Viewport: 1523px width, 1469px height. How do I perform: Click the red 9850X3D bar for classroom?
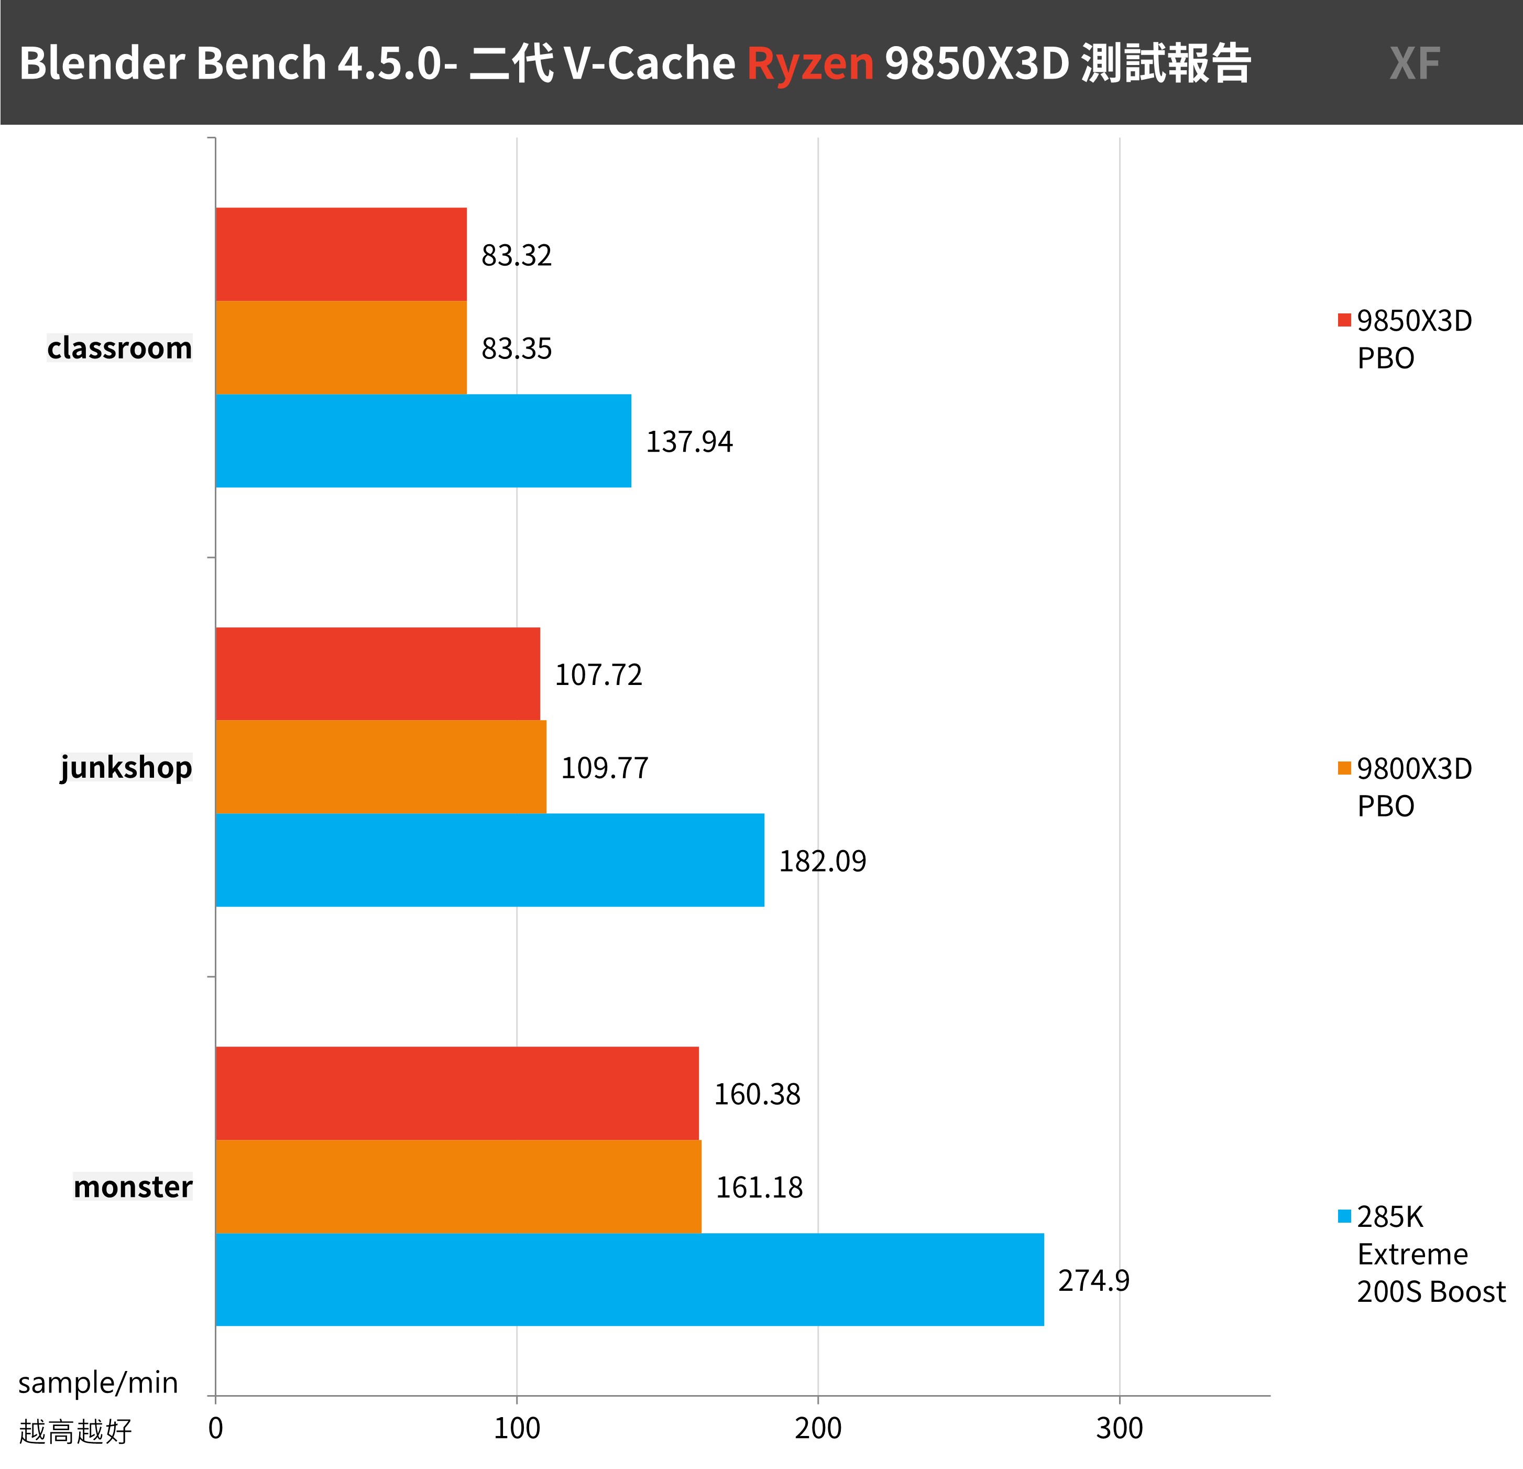click(x=341, y=254)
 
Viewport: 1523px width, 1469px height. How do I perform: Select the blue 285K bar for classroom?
click(x=423, y=441)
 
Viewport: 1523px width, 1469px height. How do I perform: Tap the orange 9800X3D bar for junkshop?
click(x=381, y=767)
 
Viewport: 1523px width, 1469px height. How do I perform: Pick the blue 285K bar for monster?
click(x=629, y=1279)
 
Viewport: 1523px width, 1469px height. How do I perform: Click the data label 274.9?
click(x=1093, y=1280)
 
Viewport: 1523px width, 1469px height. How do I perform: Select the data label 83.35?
click(x=517, y=348)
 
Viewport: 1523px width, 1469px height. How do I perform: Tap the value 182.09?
click(x=822, y=861)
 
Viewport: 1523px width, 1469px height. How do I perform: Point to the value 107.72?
click(x=598, y=674)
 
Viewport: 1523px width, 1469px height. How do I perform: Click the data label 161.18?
click(x=759, y=1187)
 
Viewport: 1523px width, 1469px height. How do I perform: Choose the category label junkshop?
click(x=126, y=767)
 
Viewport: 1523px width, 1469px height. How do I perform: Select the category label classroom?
click(x=119, y=348)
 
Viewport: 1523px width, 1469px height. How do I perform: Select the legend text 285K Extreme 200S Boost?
click(x=1430, y=1254)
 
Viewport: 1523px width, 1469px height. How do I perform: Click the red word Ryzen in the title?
click(x=809, y=63)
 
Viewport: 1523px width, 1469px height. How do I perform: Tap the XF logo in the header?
click(x=1414, y=63)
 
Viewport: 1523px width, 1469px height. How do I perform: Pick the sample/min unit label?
click(x=98, y=1383)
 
